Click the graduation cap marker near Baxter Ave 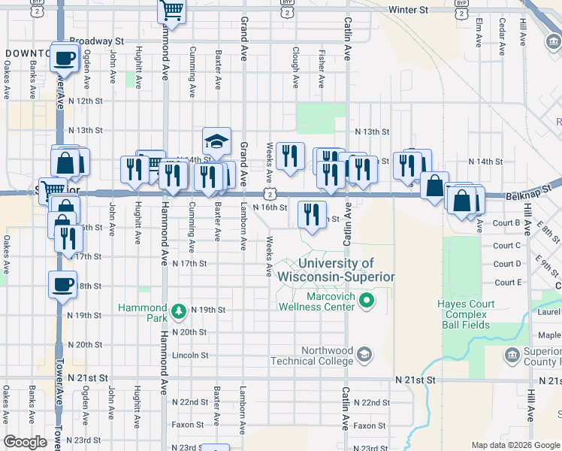(x=216, y=141)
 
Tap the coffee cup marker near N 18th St (x=63, y=284)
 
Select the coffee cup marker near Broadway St (x=65, y=56)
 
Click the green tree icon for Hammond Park (x=178, y=310)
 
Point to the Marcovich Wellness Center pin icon (x=367, y=302)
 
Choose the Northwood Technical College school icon (x=364, y=354)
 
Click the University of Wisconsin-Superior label (x=336, y=270)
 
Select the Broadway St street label (x=96, y=41)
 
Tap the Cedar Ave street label (x=502, y=33)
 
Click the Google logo (x=25, y=442)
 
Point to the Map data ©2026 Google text (x=515, y=445)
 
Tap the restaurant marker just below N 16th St (x=313, y=214)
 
